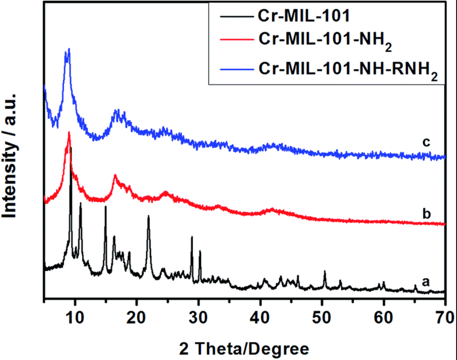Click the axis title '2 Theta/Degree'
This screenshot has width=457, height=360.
tap(244, 349)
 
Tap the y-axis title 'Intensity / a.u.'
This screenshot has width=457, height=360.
tap(13, 156)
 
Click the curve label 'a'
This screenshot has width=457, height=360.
tap(425, 281)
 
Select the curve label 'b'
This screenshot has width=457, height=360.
tap(425, 214)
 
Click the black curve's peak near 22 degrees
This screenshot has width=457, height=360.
tap(148, 216)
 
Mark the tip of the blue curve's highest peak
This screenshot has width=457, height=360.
tap(69, 48)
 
